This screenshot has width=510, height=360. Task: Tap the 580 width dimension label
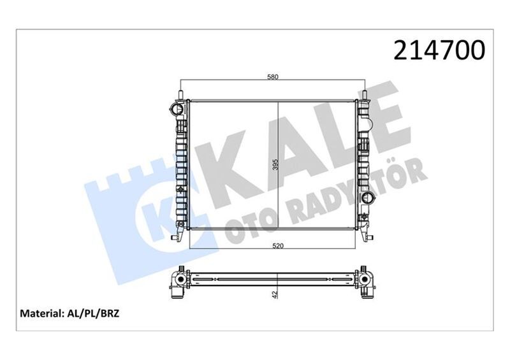coord(273,77)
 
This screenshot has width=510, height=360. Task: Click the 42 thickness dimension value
coord(275,295)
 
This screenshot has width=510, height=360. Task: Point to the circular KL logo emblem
coord(153,217)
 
